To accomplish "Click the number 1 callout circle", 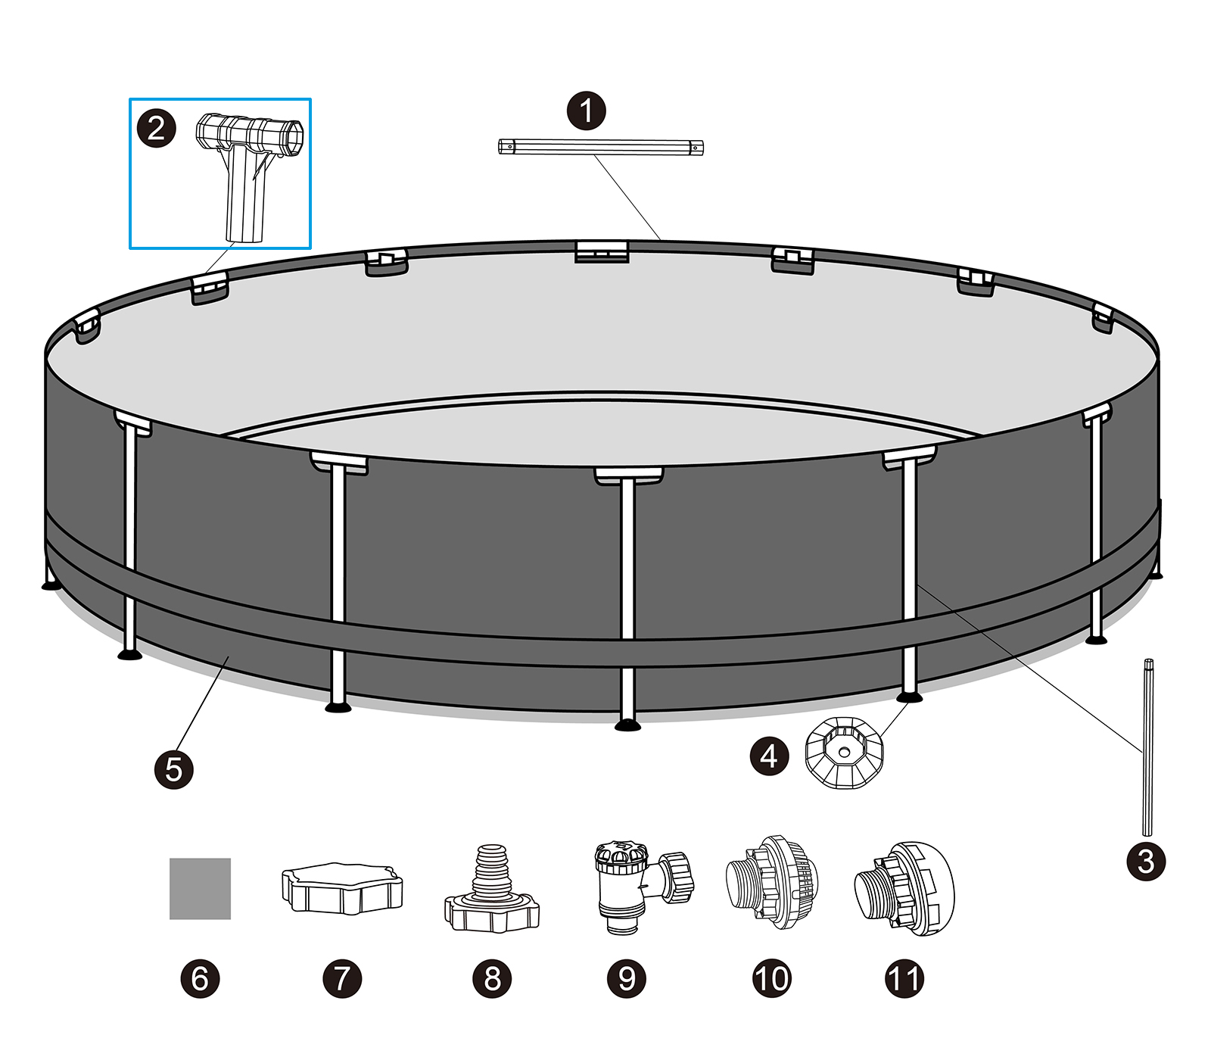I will point(587,111).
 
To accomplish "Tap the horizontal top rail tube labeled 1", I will point(600,147).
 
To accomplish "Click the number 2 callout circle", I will point(157,127).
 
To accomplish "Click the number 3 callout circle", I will point(1146,861).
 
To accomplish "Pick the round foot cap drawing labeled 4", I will point(843,753).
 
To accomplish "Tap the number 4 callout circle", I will point(769,756).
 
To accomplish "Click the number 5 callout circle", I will point(174,769).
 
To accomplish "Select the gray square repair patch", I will point(200,888).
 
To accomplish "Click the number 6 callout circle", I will point(200,978).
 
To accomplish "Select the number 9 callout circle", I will point(627,978).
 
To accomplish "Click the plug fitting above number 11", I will point(904,887).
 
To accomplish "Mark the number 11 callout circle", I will point(904,978).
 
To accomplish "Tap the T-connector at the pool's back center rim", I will point(602,251).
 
